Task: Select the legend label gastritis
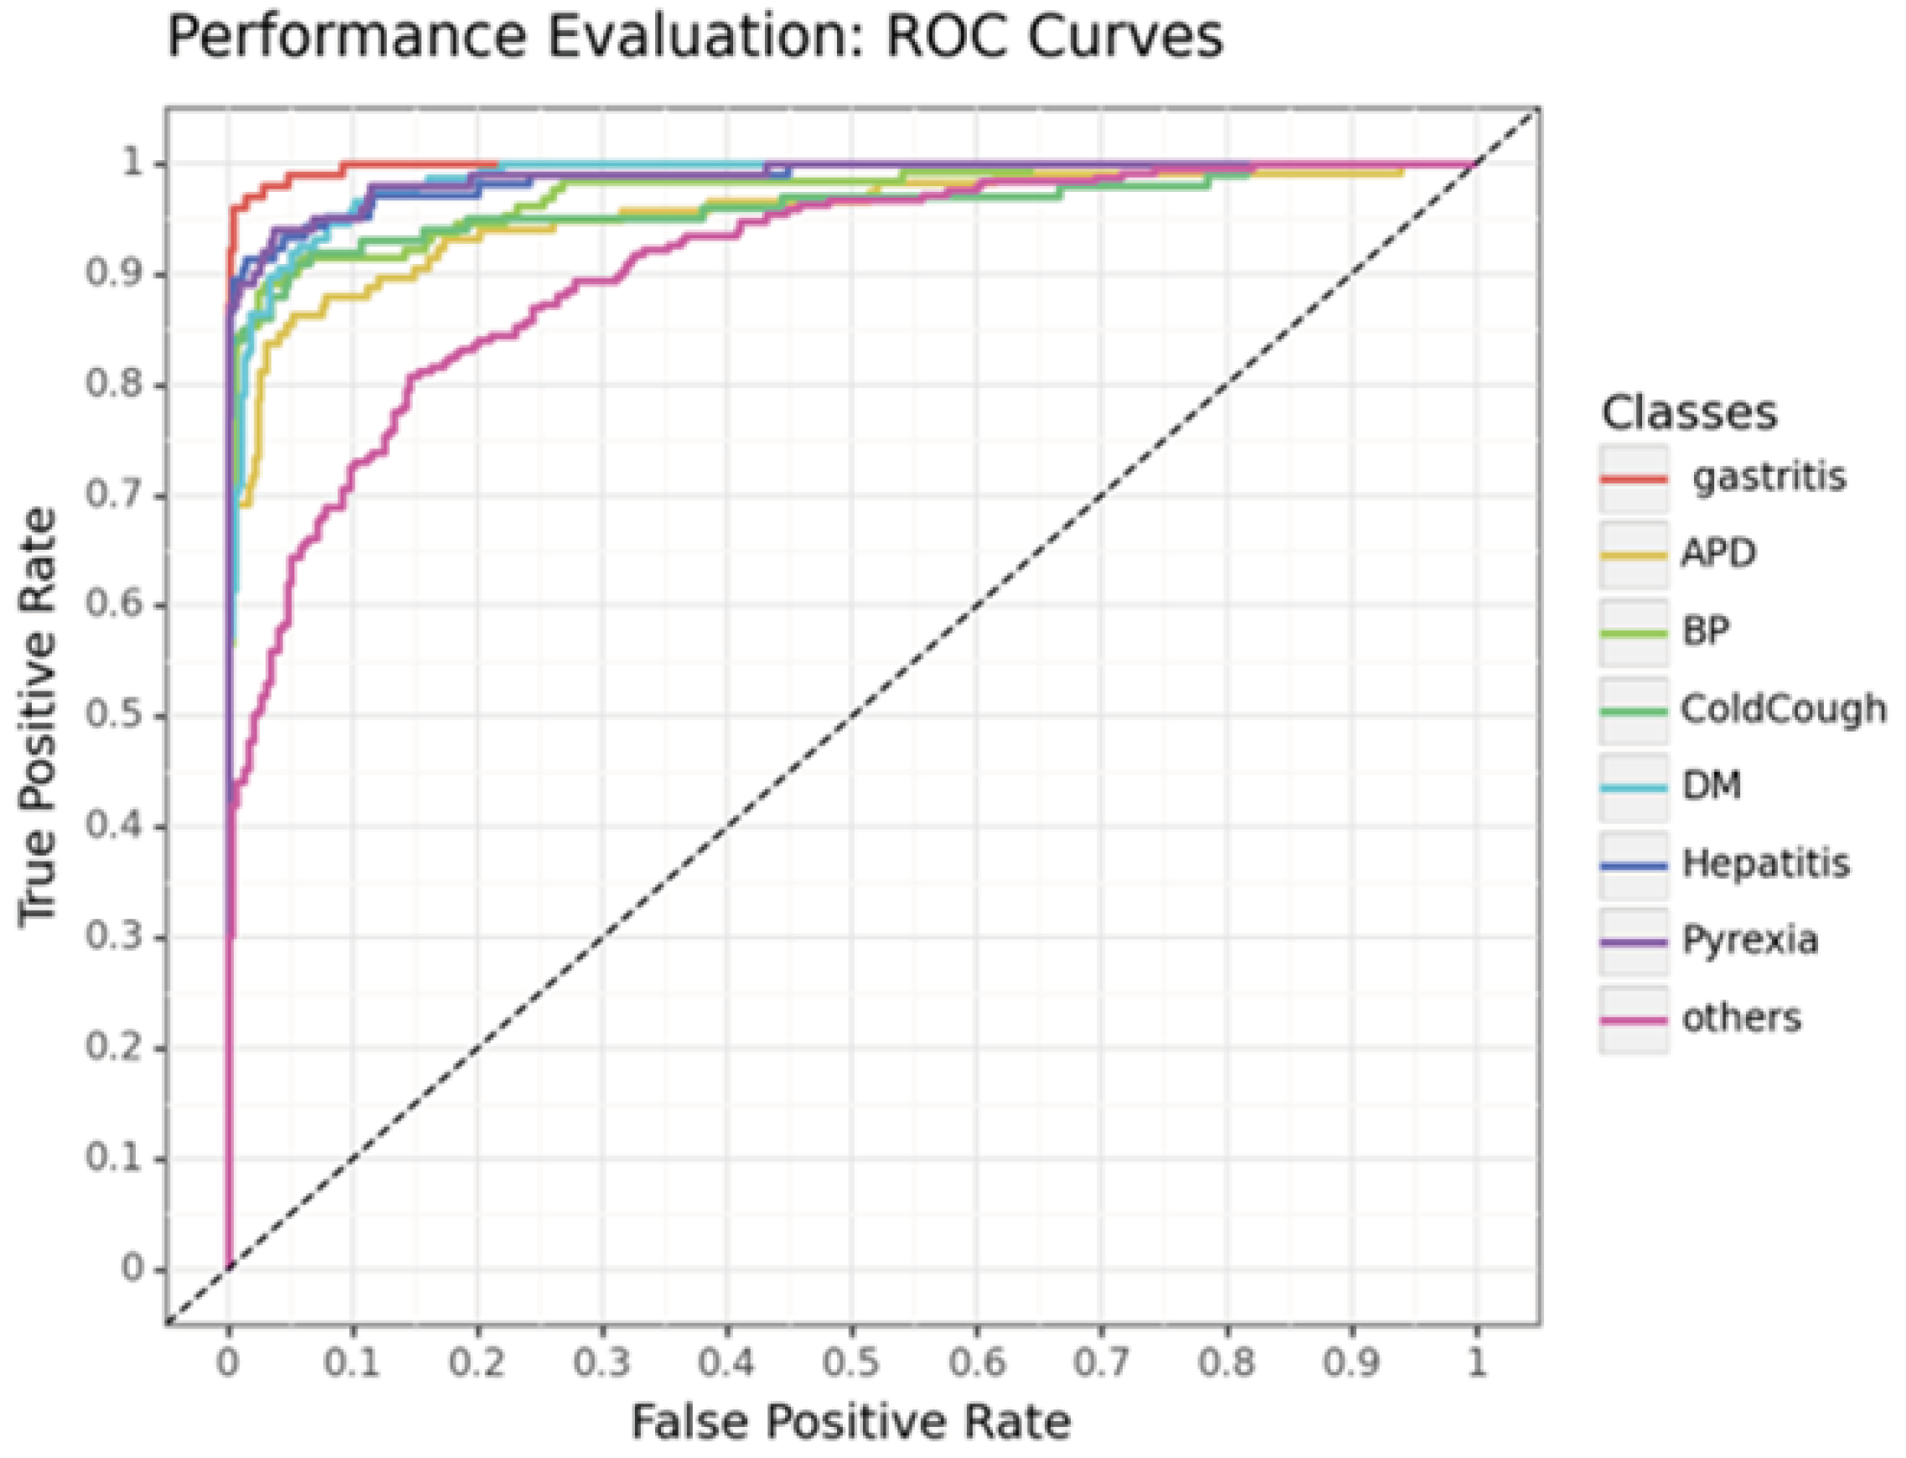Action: [1769, 477]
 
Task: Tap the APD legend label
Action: [1717, 553]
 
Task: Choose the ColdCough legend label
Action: [1783, 709]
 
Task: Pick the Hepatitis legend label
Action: [1765, 864]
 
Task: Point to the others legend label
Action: [1741, 1017]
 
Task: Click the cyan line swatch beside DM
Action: [1633, 787]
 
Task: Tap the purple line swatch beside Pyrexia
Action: [1633, 942]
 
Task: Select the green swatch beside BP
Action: [1633, 633]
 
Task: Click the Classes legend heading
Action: [1688, 413]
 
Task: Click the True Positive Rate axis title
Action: [39, 717]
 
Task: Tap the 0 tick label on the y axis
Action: [132, 1269]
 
